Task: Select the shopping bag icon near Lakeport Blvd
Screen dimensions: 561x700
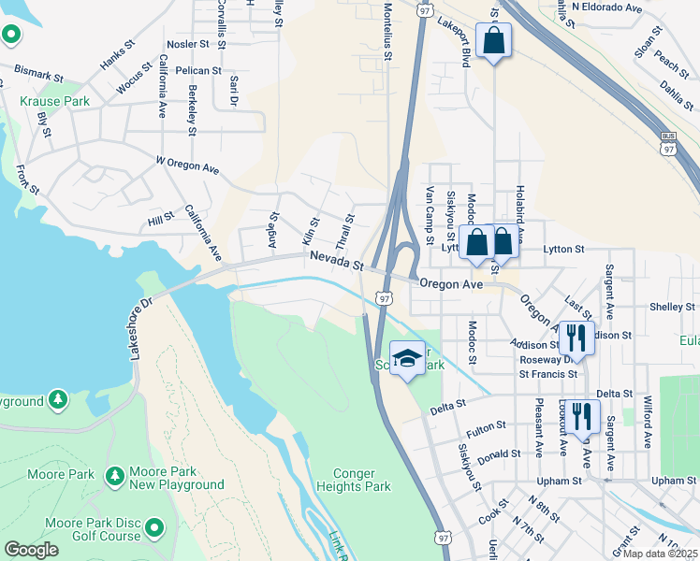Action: pyautogui.click(x=493, y=42)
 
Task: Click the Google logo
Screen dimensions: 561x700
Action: pyautogui.click(x=31, y=550)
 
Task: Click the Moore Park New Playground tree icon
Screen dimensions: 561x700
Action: pyautogui.click(x=115, y=475)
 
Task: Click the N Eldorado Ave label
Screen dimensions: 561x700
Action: pyautogui.click(x=608, y=7)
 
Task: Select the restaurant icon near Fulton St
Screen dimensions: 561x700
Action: pyautogui.click(x=582, y=415)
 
